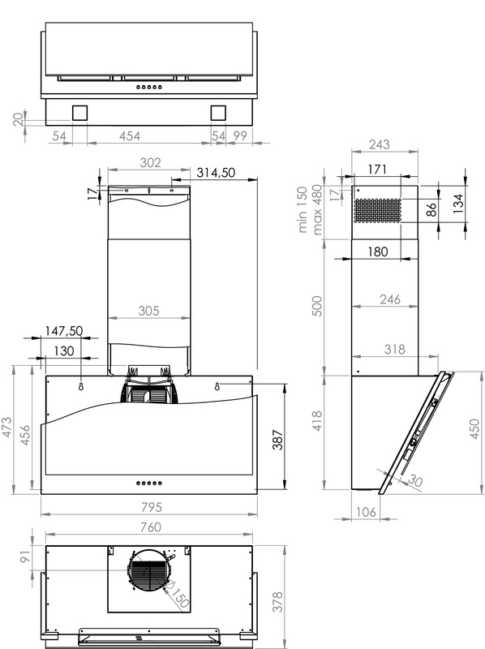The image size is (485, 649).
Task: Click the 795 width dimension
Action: click(x=152, y=507)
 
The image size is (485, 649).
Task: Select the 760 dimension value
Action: click(x=150, y=527)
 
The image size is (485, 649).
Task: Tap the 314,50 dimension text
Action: click(x=216, y=172)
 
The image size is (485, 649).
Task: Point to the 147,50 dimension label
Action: click(x=64, y=331)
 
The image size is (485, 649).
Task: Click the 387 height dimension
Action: click(x=278, y=440)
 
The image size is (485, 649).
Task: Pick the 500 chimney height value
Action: click(x=316, y=306)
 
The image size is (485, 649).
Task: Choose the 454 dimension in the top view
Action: click(x=130, y=135)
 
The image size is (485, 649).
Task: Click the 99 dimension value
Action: click(x=239, y=135)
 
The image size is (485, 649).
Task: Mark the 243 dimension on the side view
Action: click(x=379, y=144)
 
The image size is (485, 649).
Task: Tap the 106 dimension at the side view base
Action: click(x=367, y=512)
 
